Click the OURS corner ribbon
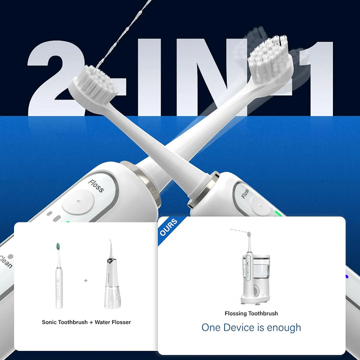point(167,227)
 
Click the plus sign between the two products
point(85,280)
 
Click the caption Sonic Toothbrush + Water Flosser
point(86,322)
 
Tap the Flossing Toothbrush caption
point(251,313)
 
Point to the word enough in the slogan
point(284,328)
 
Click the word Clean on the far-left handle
point(6,261)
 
